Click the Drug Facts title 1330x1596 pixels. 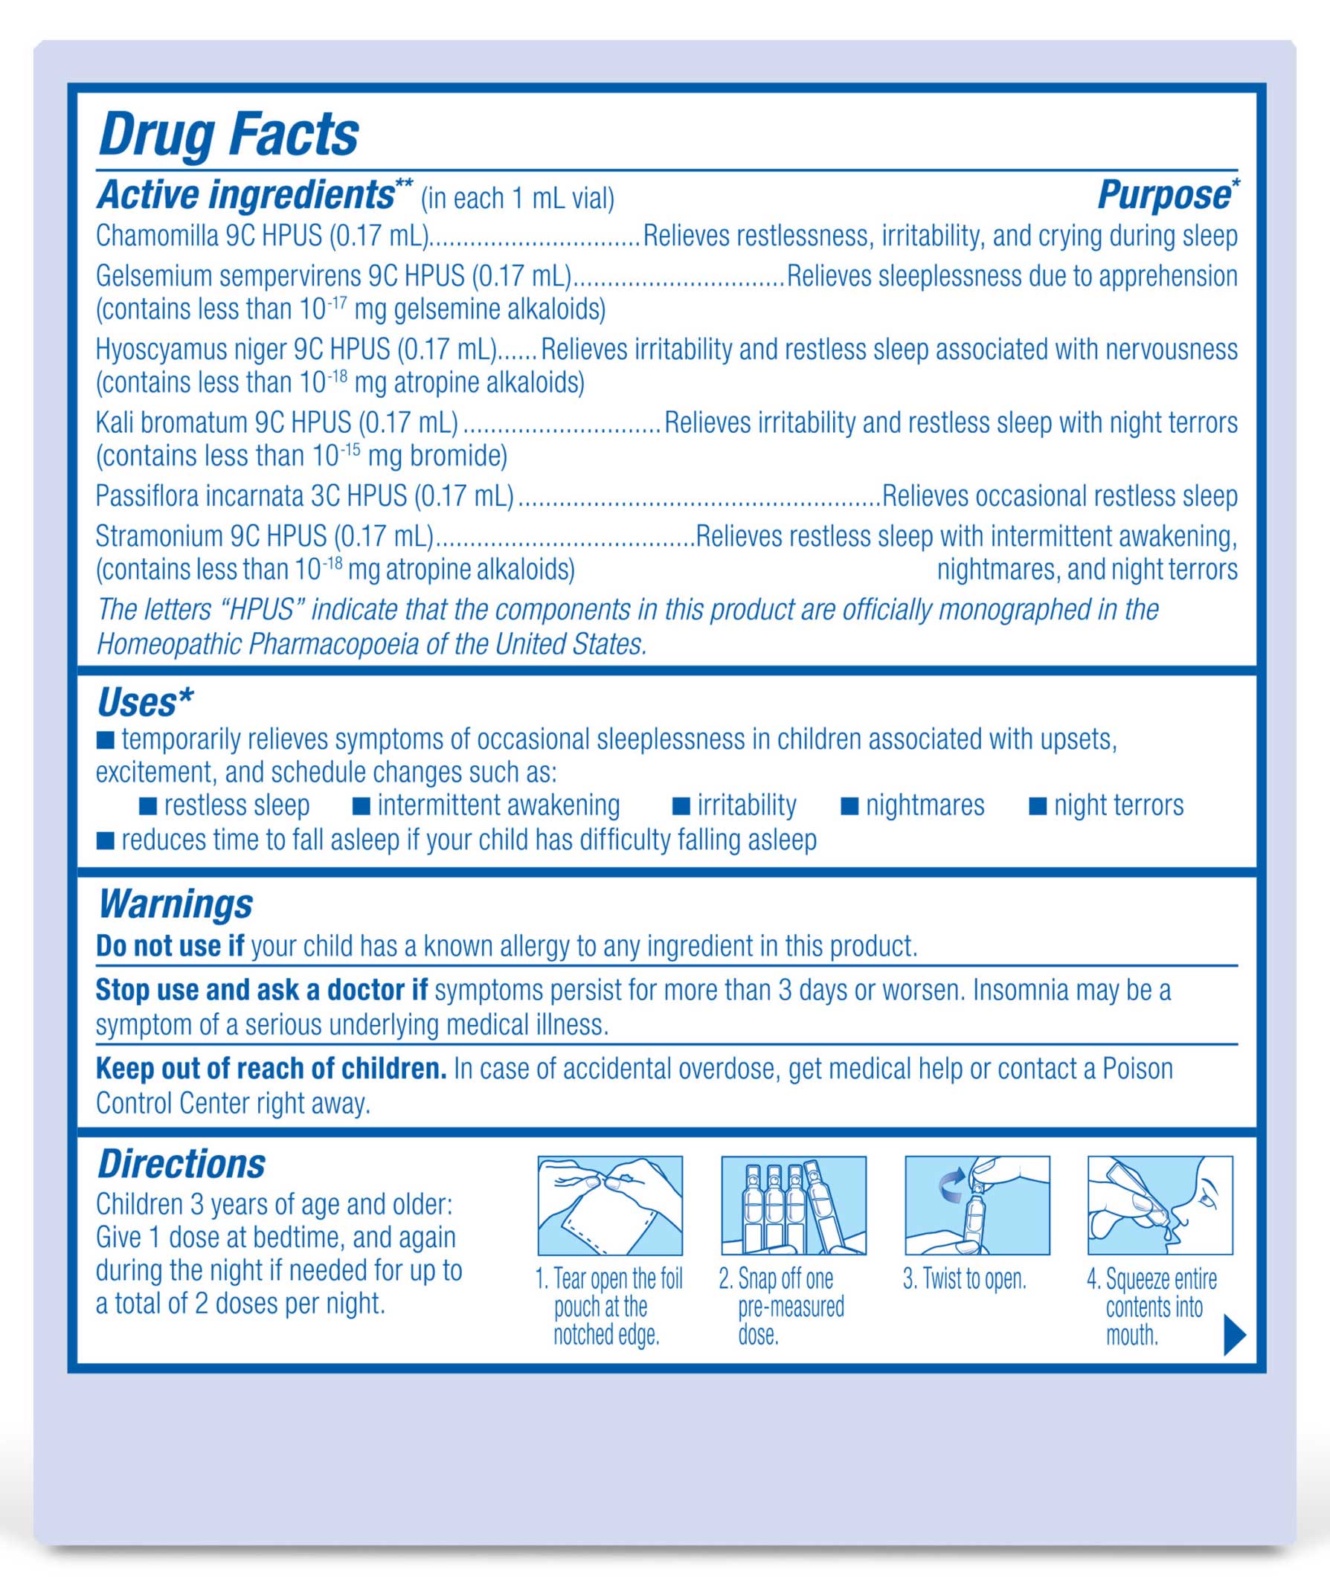(228, 135)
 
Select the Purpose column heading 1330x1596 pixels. (1165, 196)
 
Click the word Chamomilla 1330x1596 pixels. (157, 236)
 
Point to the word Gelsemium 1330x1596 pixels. (152, 276)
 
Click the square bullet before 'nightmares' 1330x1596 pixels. (849, 806)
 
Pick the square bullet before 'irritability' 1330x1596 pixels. (681, 806)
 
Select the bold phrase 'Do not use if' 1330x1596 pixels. (170, 946)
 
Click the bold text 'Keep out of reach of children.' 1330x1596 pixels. (271, 1069)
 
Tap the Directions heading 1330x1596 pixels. (181, 1165)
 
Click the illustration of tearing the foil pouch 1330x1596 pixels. (609, 1206)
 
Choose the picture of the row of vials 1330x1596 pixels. (793, 1206)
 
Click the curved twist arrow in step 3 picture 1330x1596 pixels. (951, 1185)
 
